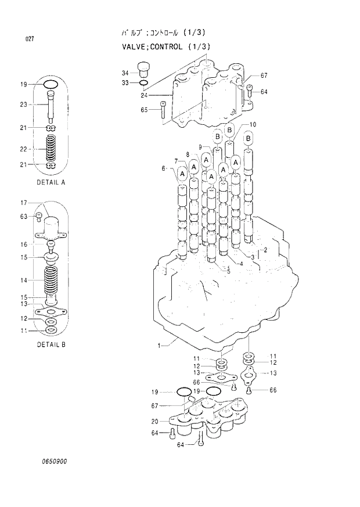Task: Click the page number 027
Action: pyautogui.click(x=29, y=39)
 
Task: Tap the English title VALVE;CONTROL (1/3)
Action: pyautogui.click(x=165, y=46)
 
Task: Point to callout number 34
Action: pyautogui.click(x=125, y=73)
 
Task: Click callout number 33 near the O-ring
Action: pyautogui.click(x=125, y=83)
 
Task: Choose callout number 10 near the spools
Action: pyautogui.click(x=253, y=125)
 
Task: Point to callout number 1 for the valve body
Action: pyautogui.click(x=159, y=346)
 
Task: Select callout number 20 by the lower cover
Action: pyautogui.click(x=155, y=421)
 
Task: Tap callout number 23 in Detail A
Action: pyautogui.click(x=24, y=105)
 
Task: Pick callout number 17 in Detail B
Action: pyautogui.click(x=24, y=203)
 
